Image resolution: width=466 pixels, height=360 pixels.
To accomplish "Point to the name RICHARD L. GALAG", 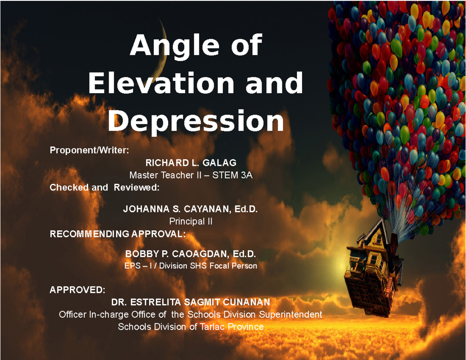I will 191,162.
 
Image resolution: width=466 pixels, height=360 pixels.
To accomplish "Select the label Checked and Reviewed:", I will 104,188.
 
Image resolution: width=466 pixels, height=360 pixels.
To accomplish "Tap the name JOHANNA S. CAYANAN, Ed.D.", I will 190,210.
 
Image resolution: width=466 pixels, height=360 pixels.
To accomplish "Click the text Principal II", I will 191,222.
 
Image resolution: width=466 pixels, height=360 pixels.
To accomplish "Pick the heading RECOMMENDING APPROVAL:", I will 118,234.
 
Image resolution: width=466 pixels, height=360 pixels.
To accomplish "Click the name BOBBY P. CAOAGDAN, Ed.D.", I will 191,254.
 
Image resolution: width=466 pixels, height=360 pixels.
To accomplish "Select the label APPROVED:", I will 77,290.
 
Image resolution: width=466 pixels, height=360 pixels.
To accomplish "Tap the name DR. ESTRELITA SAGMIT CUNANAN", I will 190,302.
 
